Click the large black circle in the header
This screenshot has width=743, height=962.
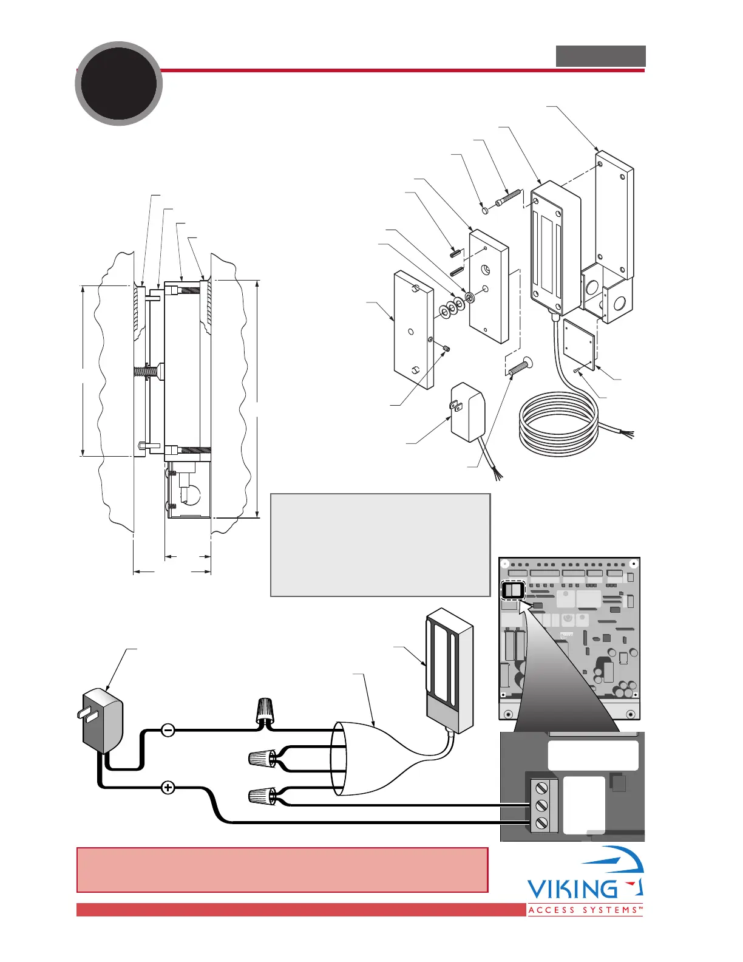point(119,83)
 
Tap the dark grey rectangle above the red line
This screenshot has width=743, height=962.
point(600,56)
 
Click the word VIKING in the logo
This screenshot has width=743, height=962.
point(572,889)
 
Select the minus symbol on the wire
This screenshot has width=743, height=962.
point(168,729)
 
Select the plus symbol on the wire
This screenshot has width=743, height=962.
point(168,788)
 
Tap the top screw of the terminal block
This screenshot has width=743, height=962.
point(541,788)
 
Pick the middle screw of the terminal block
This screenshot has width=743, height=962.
point(541,806)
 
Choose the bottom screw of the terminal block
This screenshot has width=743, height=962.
point(541,824)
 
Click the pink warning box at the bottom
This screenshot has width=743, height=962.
point(282,870)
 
